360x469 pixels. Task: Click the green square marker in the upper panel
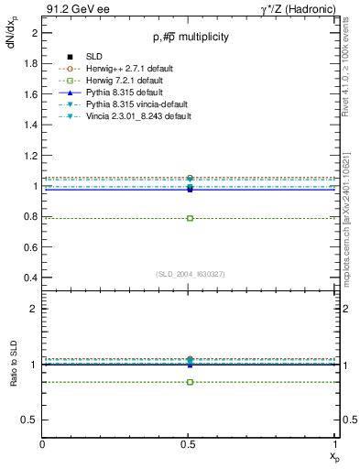[190, 218]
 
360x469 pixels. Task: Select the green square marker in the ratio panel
[190, 381]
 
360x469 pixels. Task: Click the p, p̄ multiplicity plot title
[190, 37]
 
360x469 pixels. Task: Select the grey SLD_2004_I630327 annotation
[190, 274]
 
